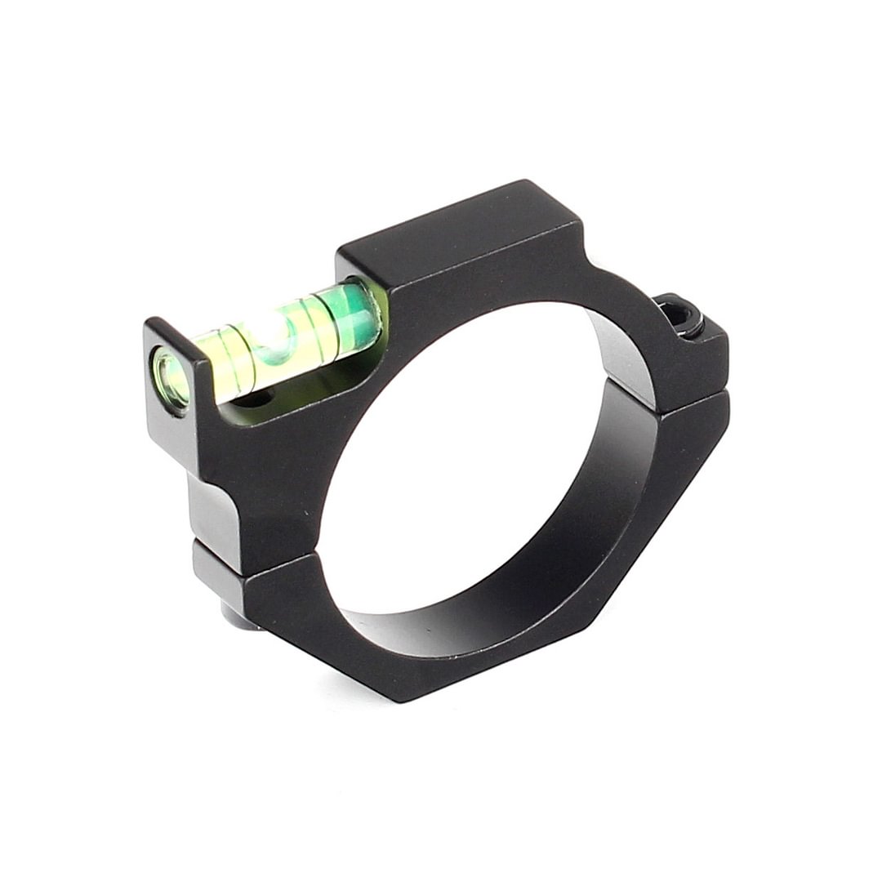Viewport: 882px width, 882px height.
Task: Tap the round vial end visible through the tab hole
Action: click(x=170, y=376)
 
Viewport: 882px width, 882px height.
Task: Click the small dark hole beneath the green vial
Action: click(x=260, y=399)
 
